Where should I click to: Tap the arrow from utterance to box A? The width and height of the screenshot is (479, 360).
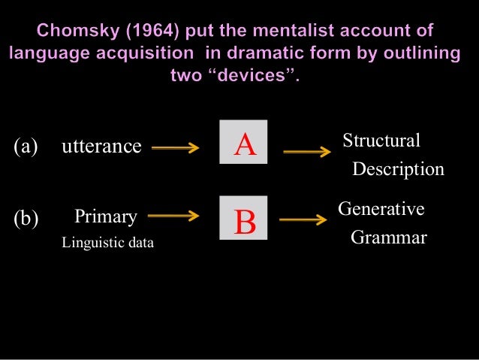(x=175, y=148)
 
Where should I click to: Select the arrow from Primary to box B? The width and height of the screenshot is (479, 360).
(x=175, y=218)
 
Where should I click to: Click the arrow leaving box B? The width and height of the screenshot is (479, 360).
(x=304, y=220)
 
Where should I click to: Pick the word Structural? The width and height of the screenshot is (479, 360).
(x=381, y=141)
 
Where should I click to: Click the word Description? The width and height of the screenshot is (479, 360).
(x=398, y=169)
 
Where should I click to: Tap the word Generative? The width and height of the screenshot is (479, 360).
(x=381, y=209)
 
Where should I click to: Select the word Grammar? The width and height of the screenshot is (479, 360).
(x=389, y=238)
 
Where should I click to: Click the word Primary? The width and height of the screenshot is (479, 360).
(x=106, y=218)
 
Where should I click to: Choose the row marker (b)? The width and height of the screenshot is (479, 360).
(x=26, y=219)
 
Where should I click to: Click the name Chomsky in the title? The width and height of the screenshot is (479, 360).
(x=75, y=32)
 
